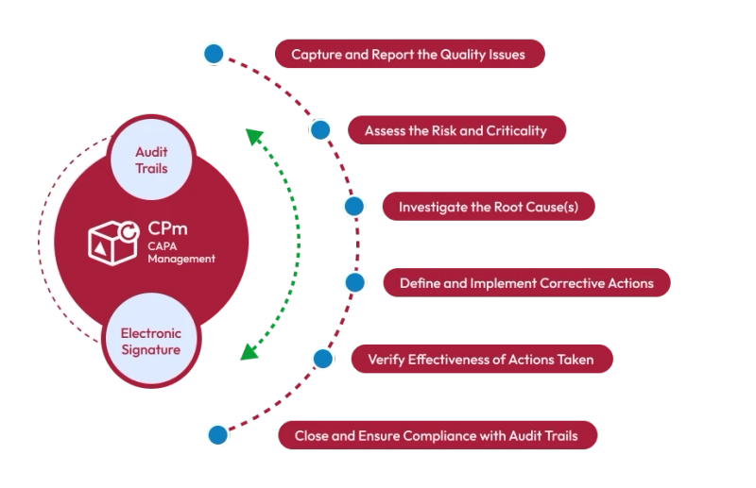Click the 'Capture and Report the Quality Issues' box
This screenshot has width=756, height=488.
(x=408, y=54)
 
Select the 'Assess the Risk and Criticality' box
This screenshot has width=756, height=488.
(x=457, y=130)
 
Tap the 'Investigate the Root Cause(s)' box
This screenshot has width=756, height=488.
(x=488, y=206)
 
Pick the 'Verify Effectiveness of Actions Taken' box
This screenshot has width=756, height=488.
(x=480, y=359)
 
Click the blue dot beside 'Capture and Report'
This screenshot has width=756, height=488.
(x=215, y=54)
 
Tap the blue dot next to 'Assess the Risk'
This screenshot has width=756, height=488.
(x=320, y=130)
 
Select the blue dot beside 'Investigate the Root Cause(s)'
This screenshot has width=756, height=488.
(x=354, y=206)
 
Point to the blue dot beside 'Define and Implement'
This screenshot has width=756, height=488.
(x=354, y=281)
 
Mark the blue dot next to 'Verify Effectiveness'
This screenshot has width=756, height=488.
(x=322, y=359)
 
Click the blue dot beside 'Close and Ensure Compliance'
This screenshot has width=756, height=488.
(x=217, y=435)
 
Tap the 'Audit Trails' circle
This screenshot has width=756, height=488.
(x=152, y=160)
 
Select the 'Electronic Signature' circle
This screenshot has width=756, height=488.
(x=151, y=342)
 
